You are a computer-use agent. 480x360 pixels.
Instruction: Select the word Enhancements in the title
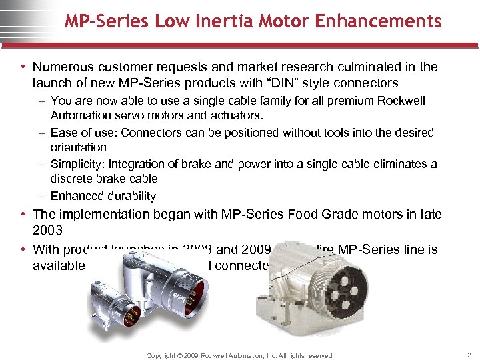point(379,21)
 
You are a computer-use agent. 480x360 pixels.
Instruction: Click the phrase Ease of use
point(75,133)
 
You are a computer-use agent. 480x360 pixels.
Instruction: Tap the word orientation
point(79,147)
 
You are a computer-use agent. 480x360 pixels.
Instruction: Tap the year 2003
point(49,231)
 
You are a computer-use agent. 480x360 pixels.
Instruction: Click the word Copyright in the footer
point(168,356)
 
